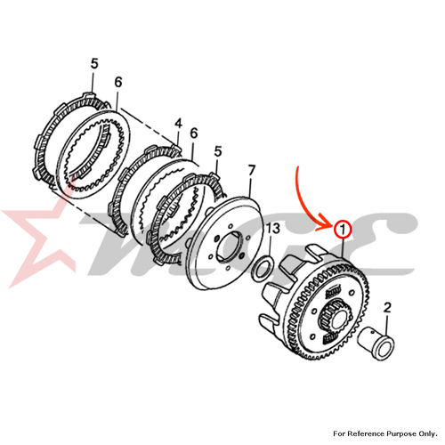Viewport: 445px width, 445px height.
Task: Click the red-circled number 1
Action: point(343,230)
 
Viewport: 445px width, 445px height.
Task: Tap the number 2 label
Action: point(387,308)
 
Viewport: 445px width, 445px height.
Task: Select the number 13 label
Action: point(273,229)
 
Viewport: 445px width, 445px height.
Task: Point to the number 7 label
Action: point(251,171)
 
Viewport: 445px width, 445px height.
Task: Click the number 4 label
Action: point(178,124)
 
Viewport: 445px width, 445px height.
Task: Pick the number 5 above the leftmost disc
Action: point(94,64)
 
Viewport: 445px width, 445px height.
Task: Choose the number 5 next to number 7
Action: point(218,151)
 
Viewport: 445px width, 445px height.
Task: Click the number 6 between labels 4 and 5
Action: point(193,133)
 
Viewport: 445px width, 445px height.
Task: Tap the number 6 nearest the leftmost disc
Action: point(118,82)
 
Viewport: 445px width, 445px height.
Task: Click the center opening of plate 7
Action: point(231,245)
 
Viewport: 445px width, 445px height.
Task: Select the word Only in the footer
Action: point(428,433)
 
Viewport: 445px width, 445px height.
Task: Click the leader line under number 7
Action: point(249,187)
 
